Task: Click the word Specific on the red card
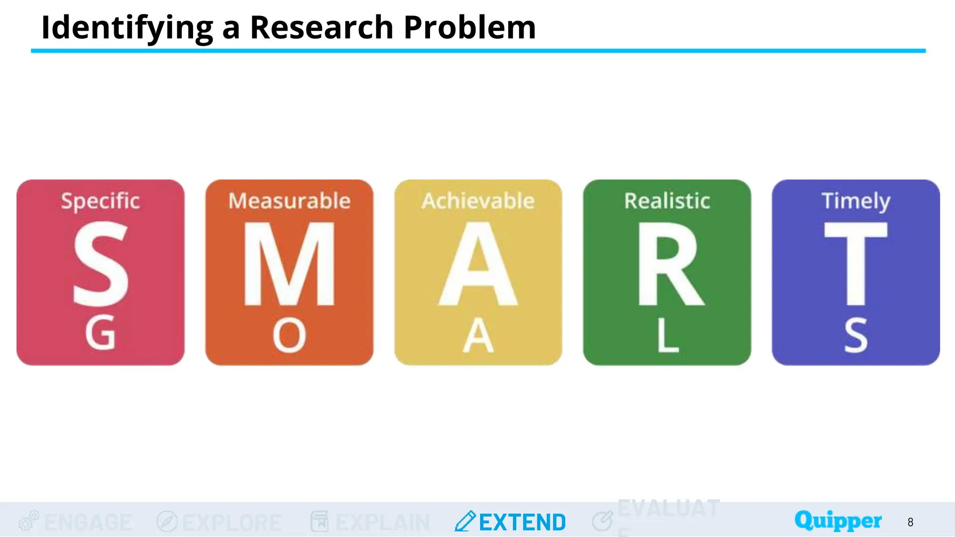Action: coord(100,201)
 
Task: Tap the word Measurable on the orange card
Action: coord(289,201)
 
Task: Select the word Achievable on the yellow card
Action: coord(478,201)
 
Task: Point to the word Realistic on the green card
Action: coord(667,201)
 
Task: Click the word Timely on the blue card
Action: coord(856,201)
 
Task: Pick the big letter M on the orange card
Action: coord(289,264)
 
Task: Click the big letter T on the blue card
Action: coord(856,264)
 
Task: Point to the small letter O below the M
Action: coord(289,335)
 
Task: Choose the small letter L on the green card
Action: coord(667,335)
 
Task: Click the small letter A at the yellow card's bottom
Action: coord(478,335)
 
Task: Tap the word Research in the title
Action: coord(322,27)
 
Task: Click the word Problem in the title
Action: coord(470,27)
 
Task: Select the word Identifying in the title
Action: coord(127,28)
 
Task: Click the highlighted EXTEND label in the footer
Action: coord(522,522)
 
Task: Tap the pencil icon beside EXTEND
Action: coord(465,521)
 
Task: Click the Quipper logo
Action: coord(838,520)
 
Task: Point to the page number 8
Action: coord(910,522)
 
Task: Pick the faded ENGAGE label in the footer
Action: coord(88,522)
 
